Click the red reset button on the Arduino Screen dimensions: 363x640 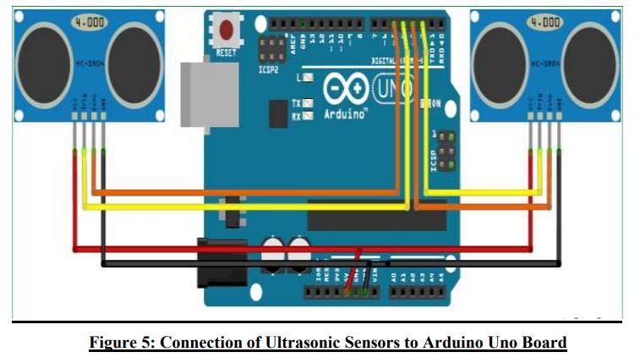click(227, 30)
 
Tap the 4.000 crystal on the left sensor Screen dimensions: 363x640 click(88, 23)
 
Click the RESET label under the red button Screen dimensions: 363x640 click(227, 52)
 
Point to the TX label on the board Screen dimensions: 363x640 click(296, 102)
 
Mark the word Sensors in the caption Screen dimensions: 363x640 click(403, 343)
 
